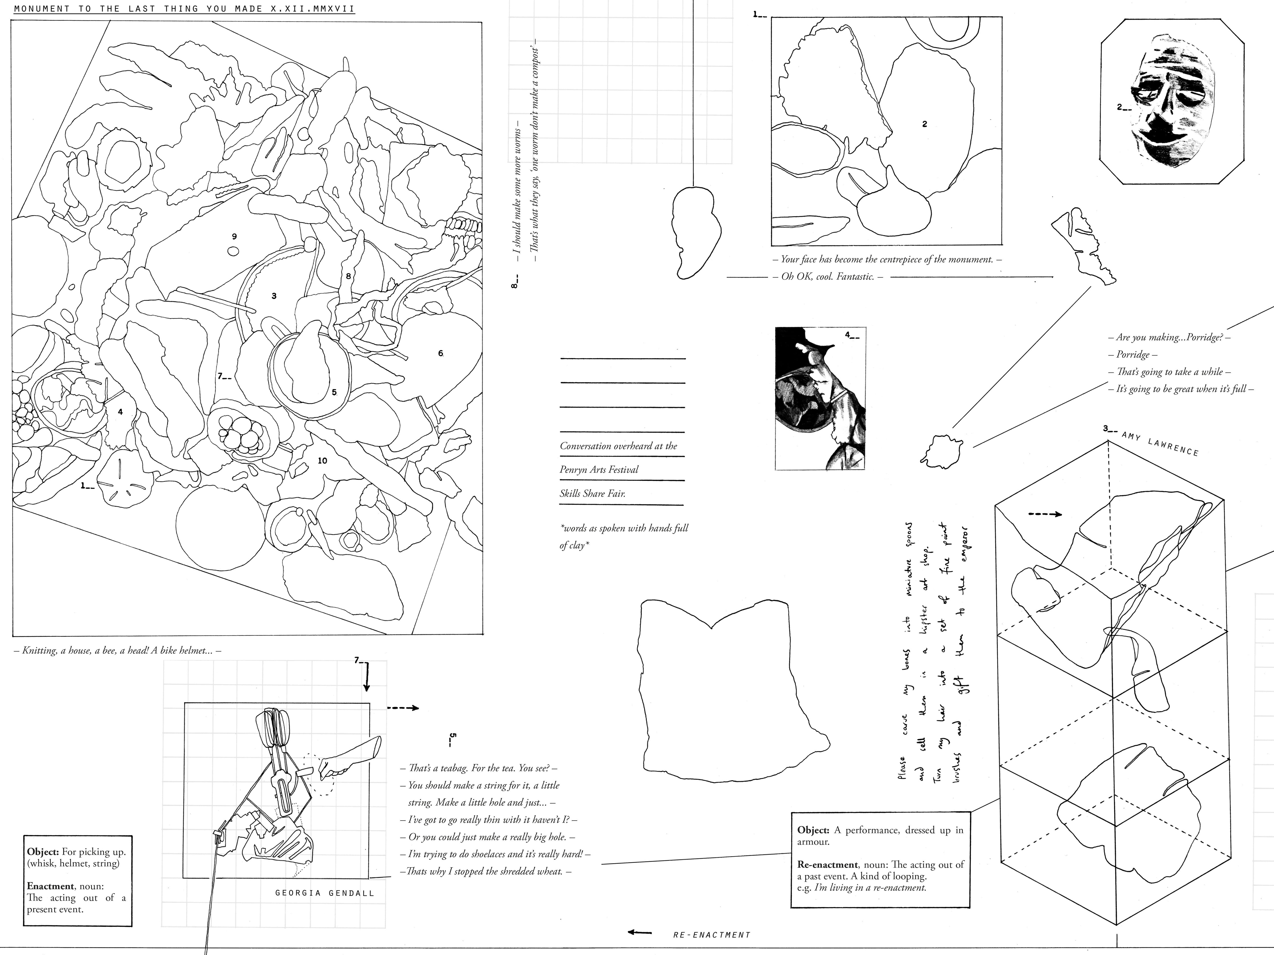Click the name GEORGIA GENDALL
(x=325, y=893)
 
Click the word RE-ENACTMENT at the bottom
(x=711, y=935)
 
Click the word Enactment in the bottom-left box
(x=50, y=887)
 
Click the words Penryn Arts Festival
(x=599, y=470)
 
